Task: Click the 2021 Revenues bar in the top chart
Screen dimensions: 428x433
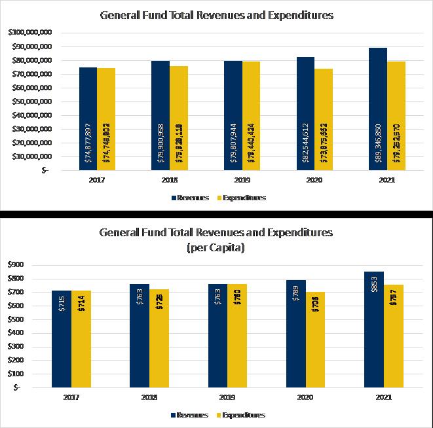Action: coord(378,79)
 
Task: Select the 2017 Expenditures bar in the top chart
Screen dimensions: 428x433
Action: coord(106,92)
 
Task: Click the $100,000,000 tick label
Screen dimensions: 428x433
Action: coord(30,33)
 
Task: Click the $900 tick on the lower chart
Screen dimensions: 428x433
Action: coord(13,265)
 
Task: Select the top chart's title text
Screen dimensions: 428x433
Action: coord(216,15)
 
